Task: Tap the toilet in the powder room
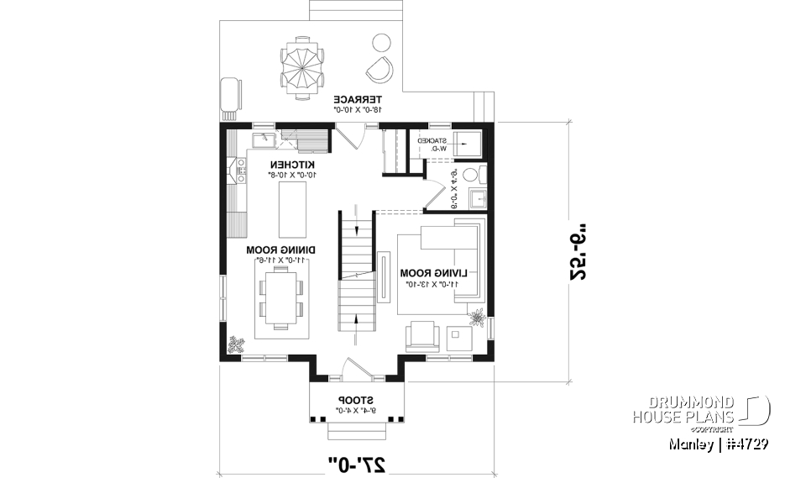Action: [473, 175]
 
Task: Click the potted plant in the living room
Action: [478, 319]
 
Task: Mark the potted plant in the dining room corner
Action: [236, 344]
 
